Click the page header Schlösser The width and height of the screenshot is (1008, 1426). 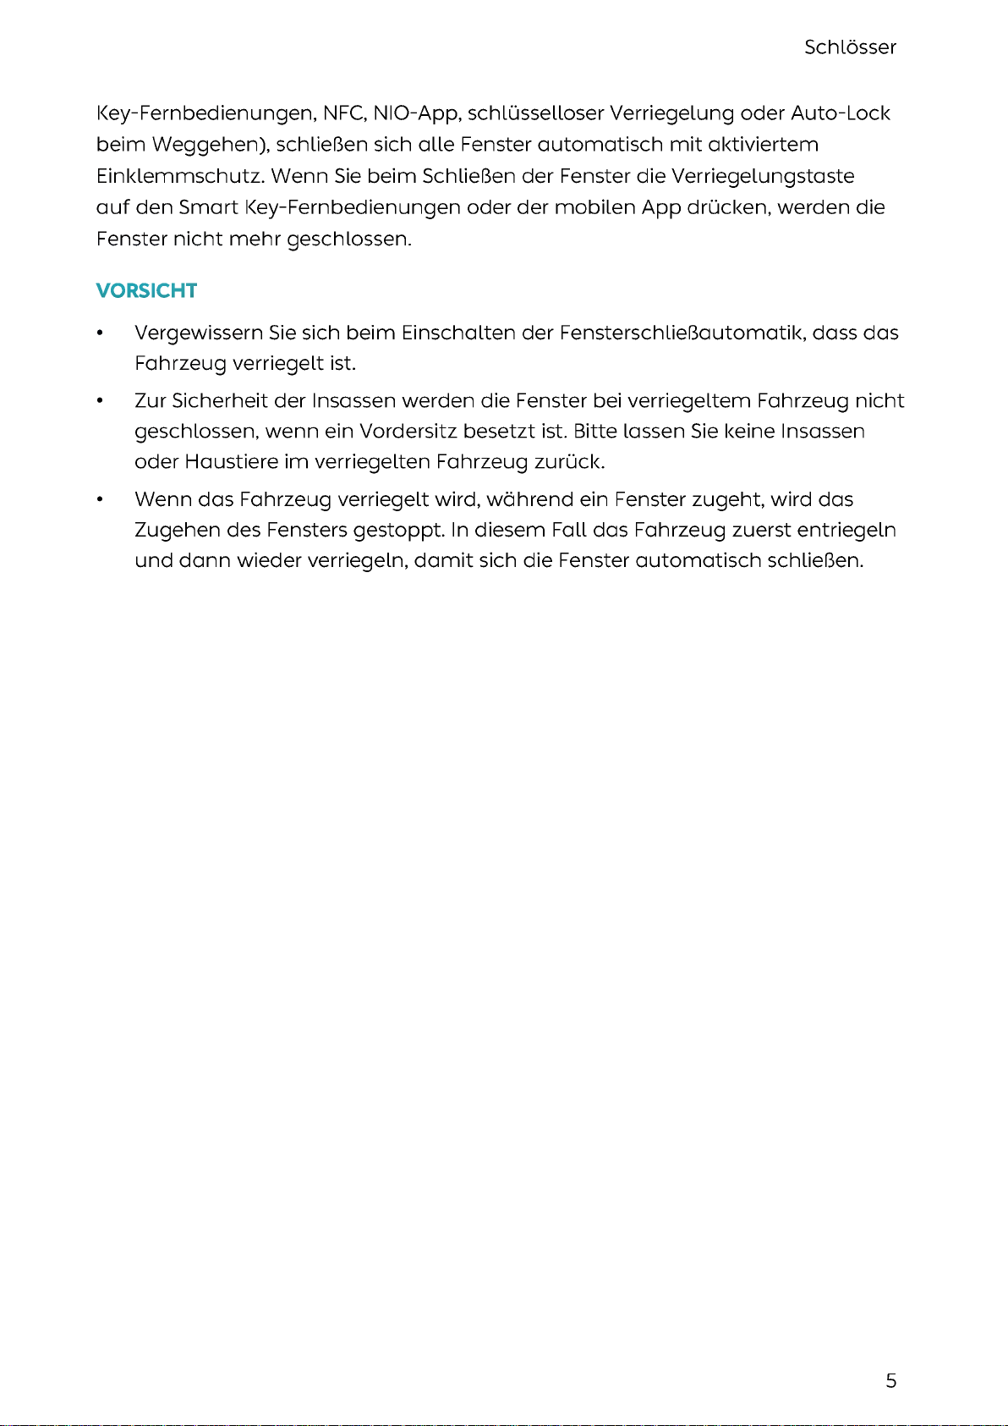click(x=850, y=47)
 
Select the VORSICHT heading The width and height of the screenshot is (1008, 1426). click(x=146, y=291)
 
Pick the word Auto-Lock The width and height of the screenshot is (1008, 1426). click(x=840, y=113)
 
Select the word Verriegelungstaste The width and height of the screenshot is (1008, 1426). click(x=762, y=176)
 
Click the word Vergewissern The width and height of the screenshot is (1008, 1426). click(x=198, y=333)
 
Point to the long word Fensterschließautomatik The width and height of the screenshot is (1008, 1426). click(x=681, y=333)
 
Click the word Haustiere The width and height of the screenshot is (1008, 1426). click(x=231, y=462)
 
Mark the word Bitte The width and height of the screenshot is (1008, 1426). click(x=594, y=432)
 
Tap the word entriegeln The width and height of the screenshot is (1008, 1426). click(x=846, y=531)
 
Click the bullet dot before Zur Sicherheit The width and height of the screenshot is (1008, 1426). click(x=101, y=401)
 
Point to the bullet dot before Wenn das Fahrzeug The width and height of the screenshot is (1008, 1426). click(x=101, y=500)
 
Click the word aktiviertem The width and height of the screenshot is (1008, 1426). click(x=763, y=145)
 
